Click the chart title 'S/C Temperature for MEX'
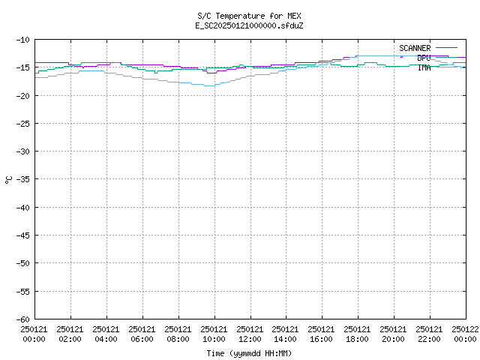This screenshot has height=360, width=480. click(249, 16)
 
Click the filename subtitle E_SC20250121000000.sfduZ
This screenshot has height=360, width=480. click(249, 25)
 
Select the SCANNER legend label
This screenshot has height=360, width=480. click(415, 48)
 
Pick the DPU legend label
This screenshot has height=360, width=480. click(424, 58)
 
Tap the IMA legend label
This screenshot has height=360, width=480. click(424, 67)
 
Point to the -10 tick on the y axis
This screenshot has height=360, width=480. click(23, 40)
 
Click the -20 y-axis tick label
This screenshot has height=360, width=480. click(23, 96)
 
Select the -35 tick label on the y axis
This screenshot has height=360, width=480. click(23, 179)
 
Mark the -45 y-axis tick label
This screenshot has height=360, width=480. click(23, 235)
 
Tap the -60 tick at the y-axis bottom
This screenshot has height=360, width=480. click(23, 319)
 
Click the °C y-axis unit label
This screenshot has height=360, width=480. click(8, 180)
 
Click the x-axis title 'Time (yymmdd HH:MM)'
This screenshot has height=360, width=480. click(249, 353)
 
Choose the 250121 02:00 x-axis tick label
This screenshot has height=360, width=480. click(70, 334)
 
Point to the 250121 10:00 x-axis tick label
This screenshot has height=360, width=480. click(214, 334)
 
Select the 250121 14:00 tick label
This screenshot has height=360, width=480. click(285, 334)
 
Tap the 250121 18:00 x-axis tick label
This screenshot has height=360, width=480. click(357, 334)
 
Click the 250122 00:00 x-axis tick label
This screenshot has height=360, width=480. click(465, 334)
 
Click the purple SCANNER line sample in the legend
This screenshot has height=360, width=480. click(446, 48)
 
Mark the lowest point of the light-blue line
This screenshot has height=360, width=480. click(209, 86)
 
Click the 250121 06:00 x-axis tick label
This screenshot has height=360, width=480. click(142, 334)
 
